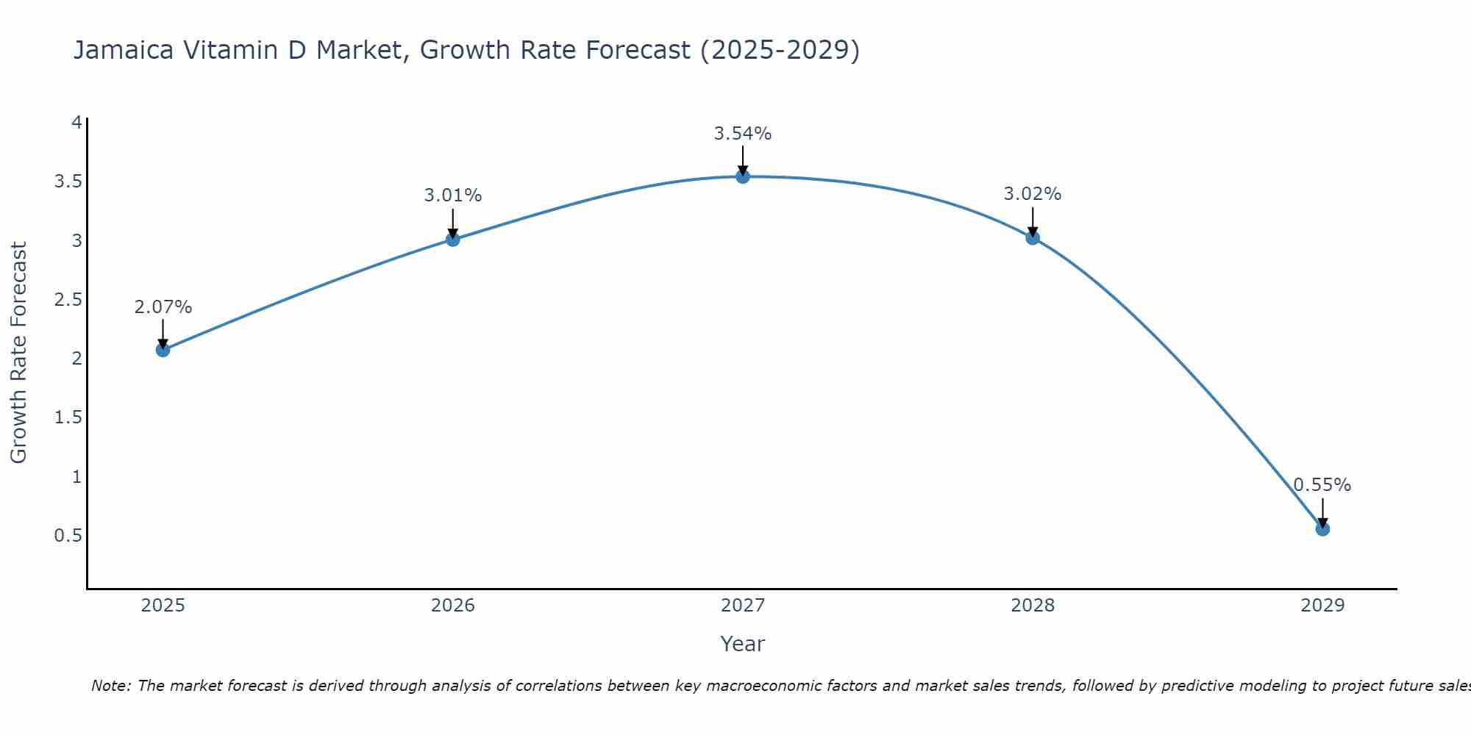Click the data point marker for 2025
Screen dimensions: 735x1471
163,350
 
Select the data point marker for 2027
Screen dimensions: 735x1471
742,176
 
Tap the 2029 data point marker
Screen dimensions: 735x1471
1322,528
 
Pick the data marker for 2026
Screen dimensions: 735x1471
452,239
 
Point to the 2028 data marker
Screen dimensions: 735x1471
1032,237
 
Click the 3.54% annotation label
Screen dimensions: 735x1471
742,134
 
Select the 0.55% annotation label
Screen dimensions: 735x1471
1322,485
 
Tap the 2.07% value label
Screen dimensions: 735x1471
163,307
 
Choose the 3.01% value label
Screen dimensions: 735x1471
452,196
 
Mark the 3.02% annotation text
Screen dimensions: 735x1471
1032,194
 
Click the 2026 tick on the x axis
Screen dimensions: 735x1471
452,606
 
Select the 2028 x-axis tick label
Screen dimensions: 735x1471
1032,606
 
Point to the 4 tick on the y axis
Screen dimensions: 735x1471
76,123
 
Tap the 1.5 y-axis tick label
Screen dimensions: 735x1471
68,417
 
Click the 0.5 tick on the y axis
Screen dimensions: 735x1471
68,536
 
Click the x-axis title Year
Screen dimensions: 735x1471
742,644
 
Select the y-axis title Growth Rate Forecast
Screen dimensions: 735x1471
18,352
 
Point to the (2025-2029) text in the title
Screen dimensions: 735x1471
780,50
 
